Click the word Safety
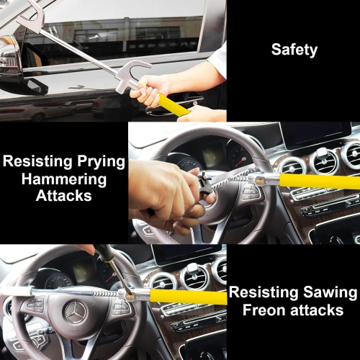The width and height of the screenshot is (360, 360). pyautogui.click(x=293, y=50)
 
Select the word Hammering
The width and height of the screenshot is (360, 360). pyautogui.click(x=63, y=179)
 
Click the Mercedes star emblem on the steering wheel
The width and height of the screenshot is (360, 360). pyautogui.click(x=73, y=312)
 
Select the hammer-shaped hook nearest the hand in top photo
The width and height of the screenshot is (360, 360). pyautogui.click(x=134, y=75)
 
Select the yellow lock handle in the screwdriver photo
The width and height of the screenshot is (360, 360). pyautogui.click(x=187, y=297)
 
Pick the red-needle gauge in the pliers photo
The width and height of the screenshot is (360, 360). pyautogui.click(x=237, y=154)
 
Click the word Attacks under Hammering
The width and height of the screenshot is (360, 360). pyautogui.click(x=63, y=197)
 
